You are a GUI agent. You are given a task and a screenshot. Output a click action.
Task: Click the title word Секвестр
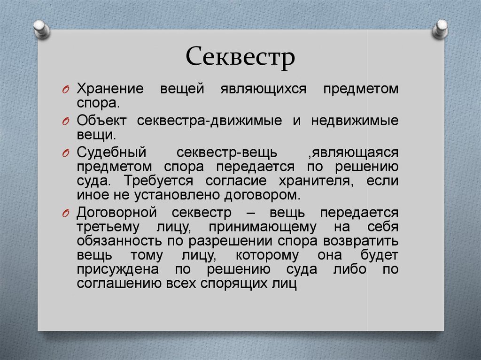tap(240, 57)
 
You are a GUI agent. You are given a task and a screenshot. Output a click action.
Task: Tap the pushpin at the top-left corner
tap(41, 29)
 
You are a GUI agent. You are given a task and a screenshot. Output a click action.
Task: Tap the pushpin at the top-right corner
tap(440, 29)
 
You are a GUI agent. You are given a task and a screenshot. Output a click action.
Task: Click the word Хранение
tap(110, 89)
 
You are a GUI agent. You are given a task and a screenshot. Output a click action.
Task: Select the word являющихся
tap(264, 89)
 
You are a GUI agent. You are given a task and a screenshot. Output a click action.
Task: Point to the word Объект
tap(101, 121)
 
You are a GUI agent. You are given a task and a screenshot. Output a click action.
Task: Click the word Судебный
tap(111, 153)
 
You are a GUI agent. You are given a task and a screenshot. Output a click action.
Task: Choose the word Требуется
tap(158, 181)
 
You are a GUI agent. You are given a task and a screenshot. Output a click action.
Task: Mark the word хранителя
tap(316, 181)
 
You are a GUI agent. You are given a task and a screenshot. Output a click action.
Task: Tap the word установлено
tap(177, 195)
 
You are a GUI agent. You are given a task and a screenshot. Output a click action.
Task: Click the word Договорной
tap(117, 213)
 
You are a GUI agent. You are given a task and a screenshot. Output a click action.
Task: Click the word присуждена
tap(118, 269)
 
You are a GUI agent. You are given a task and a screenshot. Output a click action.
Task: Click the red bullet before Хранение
tap(65, 90)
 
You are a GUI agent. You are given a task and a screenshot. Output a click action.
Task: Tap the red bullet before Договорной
tap(65, 214)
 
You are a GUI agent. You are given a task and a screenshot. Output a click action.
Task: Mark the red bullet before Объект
tap(65, 122)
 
